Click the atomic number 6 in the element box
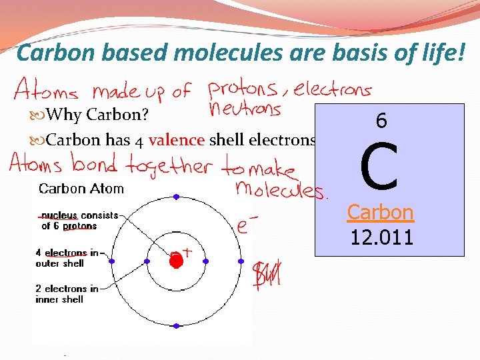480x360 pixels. click(x=381, y=121)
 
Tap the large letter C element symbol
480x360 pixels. click(x=379, y=167)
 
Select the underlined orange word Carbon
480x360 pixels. click(x=381, y=212)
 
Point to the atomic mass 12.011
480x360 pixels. click(x=381, y=236)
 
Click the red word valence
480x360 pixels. click(x=177, y=141)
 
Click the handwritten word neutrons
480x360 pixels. click(x=245, y=109)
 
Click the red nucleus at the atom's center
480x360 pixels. click(x=176, y=261)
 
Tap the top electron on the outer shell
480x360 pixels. click(x=176, y=197)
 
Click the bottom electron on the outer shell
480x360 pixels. click(x=176, y=326)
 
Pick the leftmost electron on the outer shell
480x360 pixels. click(x=111, y=261)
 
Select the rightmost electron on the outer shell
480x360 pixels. click(x=241, y=261)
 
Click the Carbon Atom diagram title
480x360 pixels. click(x=81, y=189)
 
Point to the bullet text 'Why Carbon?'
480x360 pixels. click(x=97, y=115)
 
